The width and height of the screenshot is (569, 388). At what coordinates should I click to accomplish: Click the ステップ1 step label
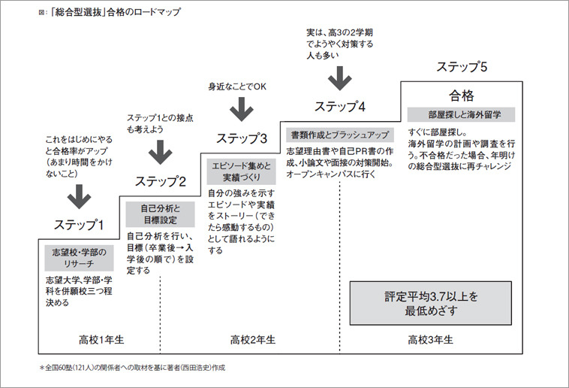point(78,224)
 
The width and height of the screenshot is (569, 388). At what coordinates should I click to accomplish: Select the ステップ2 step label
point(161,180)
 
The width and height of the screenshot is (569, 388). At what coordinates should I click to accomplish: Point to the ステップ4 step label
point(340,105)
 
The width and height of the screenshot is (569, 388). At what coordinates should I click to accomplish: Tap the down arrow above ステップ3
point(241,109)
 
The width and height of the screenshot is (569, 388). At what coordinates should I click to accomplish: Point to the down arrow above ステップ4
point(340,77)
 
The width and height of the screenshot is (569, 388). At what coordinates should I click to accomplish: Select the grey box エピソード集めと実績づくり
point(241,171)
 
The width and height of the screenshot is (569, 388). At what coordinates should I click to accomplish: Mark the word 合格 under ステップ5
point(461,95)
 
